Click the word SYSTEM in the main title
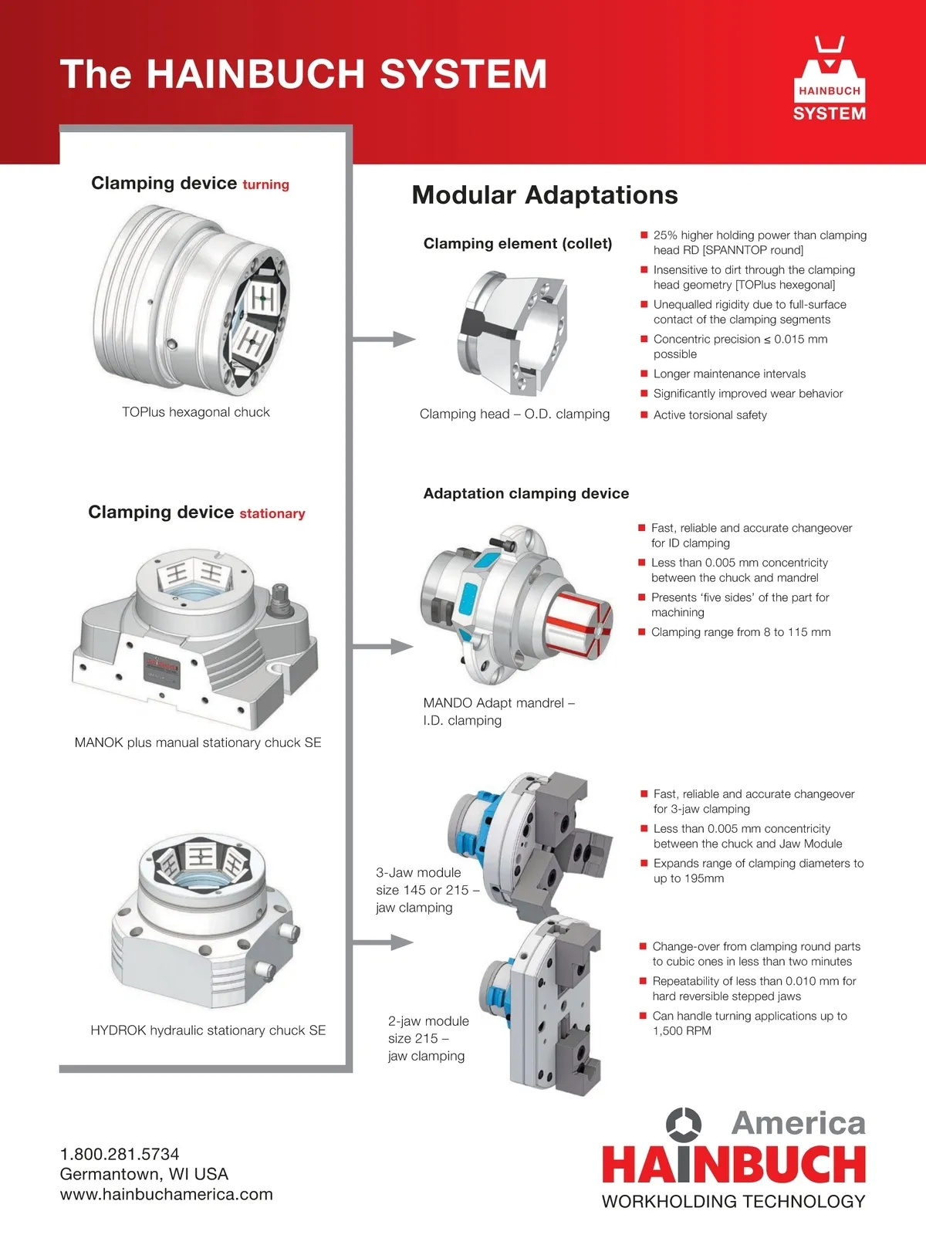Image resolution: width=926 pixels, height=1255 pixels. tap(463, 74)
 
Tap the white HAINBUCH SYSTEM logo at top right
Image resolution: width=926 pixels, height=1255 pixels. tap(830, 82)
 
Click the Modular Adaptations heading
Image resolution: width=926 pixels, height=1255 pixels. tap(545, 195)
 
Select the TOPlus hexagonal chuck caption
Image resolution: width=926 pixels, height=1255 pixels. tap(196, 412)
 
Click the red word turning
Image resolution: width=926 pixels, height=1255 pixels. tap(265, 184)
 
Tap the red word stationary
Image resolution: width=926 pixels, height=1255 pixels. tap(272, 514)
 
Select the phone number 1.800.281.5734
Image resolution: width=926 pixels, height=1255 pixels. tap(120, 1154)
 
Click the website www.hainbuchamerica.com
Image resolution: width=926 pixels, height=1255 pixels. tap(167, 1194)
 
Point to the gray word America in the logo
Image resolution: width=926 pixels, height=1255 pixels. tap(799, 1123)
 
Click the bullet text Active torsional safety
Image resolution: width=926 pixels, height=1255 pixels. tap(710, 415)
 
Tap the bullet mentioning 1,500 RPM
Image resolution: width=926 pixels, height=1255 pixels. tap(749, 1023)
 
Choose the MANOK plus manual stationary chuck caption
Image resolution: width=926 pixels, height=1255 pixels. tap(198, 743)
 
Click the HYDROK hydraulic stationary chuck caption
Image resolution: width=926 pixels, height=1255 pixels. tap(208, 1030)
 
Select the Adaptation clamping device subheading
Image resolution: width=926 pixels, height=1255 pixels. tap(526, 494)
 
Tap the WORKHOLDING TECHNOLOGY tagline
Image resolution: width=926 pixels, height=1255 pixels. tap(733, 1202)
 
